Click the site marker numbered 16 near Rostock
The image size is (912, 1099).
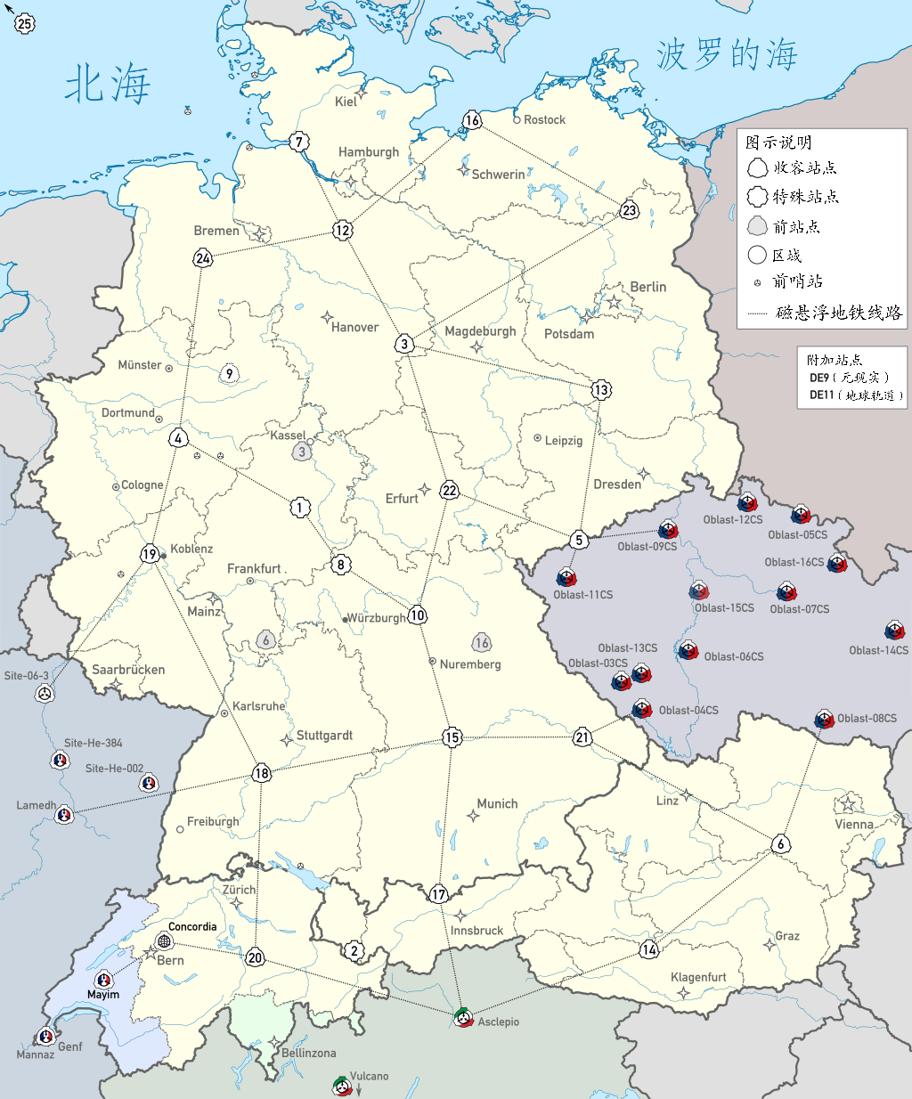tap(472, 120)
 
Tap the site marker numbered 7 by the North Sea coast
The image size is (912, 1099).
tap(299, 142)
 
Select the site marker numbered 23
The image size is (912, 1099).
tap(630, 210)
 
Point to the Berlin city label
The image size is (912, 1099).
tap(647, 287)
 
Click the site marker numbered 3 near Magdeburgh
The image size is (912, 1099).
tap(404, 344)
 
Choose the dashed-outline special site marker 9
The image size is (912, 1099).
tap(230, 374)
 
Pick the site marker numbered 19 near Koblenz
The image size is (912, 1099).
tap(150, 554)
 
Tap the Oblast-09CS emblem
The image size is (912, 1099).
tap(668, 531)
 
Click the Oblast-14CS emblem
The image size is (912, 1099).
tap(895, 631)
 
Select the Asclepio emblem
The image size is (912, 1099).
tap(463, 1018)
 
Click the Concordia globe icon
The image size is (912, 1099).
tap(164, 941)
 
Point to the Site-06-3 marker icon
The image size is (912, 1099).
tap(45, 693)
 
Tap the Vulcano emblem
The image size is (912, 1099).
tap(342, 1087)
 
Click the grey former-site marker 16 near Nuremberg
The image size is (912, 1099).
tap(482, 643)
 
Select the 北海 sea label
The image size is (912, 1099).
tap(108, 85)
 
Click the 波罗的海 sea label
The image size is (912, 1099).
tap(727, 55)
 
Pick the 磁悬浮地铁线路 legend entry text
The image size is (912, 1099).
tap(839, 313)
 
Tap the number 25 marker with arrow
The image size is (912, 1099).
tap(25, 24)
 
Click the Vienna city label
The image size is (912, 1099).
tap(853, 824)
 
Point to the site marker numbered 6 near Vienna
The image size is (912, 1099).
tap(781, 844)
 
